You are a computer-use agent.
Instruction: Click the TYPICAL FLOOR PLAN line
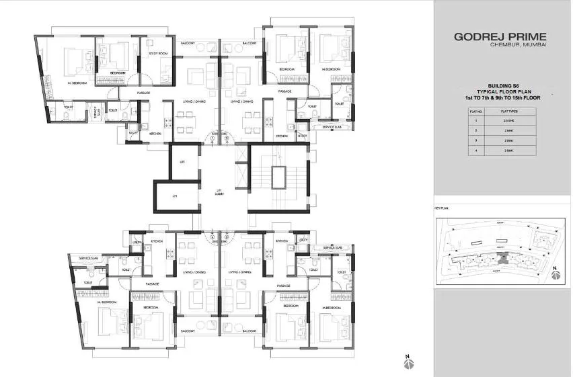coord(502,91)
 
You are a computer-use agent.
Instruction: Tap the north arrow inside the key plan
coord(554,273)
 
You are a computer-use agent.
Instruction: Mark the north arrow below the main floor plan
coord(408,362)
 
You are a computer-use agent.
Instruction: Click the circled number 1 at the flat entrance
coord(213,133)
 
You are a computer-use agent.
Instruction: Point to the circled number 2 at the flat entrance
coord(225,133)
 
